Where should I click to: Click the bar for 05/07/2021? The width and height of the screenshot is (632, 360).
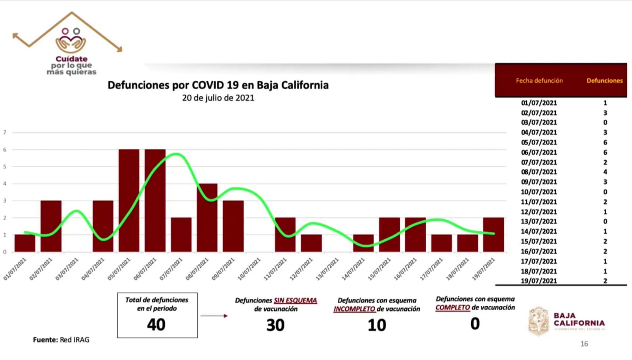coord(129,200)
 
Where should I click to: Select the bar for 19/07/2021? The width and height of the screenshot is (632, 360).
coord(493,234)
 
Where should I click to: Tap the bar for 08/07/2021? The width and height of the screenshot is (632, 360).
coord(207,217)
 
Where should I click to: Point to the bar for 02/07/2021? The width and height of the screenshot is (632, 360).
coord(51,226)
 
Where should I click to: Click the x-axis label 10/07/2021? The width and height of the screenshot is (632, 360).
coord(250,269)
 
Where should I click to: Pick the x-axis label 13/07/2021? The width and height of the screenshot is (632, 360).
coord(327,269)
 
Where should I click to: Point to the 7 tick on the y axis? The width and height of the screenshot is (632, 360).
coord(5,132)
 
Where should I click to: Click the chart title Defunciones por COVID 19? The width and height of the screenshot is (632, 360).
coord(218,85)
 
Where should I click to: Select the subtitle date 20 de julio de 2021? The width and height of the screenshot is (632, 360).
coord(218,98)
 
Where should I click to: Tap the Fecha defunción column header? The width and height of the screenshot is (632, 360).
coord(539,81)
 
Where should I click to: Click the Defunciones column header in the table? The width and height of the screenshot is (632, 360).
coord(604,81)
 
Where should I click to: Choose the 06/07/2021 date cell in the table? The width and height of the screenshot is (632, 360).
coord(539,152)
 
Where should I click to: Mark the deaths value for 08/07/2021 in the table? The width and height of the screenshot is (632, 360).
coord(605,172)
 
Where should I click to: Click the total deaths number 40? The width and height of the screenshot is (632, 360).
coord(156,325)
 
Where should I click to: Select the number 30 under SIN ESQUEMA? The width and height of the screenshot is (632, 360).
coord(275,325)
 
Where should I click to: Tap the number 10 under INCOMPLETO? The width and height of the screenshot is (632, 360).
coord(377,325)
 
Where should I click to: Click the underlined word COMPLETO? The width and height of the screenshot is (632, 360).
coord(453,307)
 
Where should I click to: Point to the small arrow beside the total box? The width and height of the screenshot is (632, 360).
coord(214,316)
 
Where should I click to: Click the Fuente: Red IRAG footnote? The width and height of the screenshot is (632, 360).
coord(61,339)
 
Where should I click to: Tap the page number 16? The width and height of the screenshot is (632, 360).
coord(584,344)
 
